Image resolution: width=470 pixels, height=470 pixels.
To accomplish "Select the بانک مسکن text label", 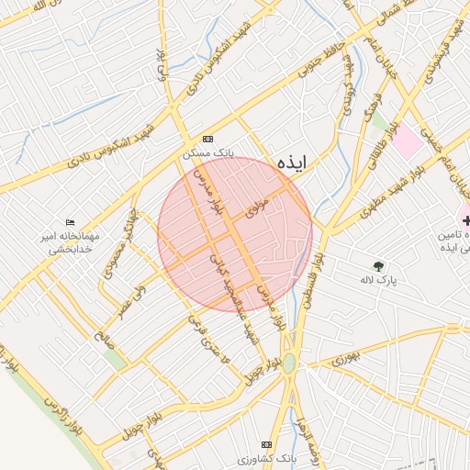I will [210, 151].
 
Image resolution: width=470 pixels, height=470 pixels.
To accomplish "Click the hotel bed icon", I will [71, 222].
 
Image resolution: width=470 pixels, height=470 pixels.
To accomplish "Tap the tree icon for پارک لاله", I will [378, 266].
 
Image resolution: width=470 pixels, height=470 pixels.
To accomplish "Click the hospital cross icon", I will [467, 220].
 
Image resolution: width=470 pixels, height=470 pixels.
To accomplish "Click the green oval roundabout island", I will [289, 364].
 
